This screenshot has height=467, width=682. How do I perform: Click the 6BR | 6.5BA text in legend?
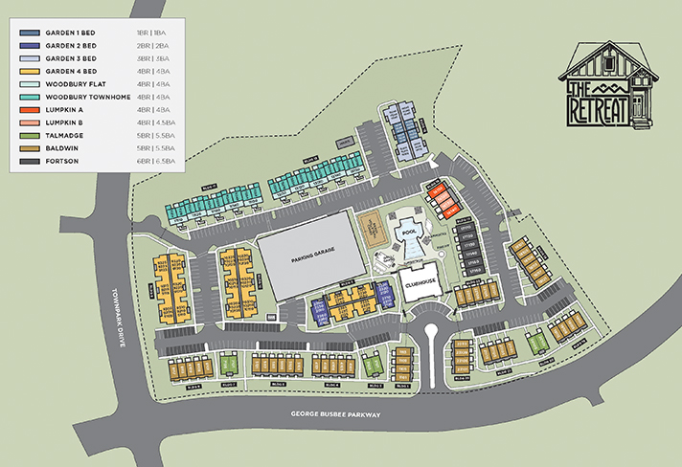click(155, 161)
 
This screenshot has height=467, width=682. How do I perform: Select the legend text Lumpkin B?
click(64, 122)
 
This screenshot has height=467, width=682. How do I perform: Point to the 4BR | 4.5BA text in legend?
click(155, 122)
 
